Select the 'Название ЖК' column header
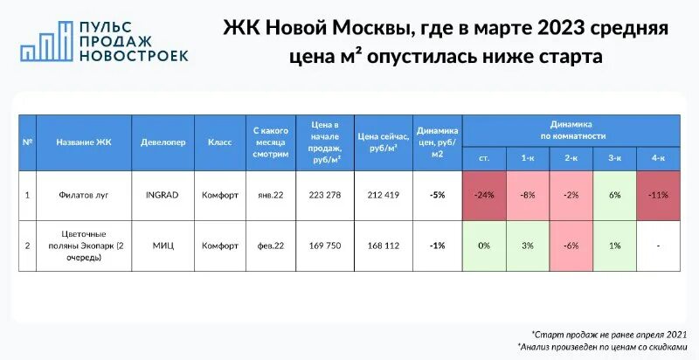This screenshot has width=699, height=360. pyautogui.click(x=84, y=142)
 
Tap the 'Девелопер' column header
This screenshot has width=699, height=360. pyautogui.click(x=163, y=142)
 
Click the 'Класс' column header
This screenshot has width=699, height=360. pyautogui.click(x=219, y=142)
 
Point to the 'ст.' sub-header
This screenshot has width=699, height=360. pyautogui.click(x=484, y=157)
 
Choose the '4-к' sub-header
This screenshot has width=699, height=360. pyautogui.click(x=658, y=157)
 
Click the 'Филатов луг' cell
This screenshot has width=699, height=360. pyautogui.click(x=84, y=195)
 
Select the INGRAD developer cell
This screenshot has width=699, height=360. pyautogui.click(x=163, y=195)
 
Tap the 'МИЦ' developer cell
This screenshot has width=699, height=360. pyautogui.click(x=163, y=246)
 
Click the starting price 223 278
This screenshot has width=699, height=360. pyautogui.click(x=324, y=195)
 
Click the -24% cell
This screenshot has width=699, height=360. pyautogui.click(x=484, y=195)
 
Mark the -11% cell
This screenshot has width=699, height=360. pyautogui.click(x=658, y=195)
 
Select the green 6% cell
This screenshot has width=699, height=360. pyautogui.click(x=615, y=195)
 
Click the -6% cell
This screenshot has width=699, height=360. pyautogui.click(x=571, y=246)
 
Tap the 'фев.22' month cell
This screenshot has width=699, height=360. pyautogui.click(x=269, y=246)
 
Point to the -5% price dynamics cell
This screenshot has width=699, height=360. pyautogui.click(x=438, y=195)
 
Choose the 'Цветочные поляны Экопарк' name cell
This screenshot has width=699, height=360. pyautogui.click(x=84, y=246)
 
